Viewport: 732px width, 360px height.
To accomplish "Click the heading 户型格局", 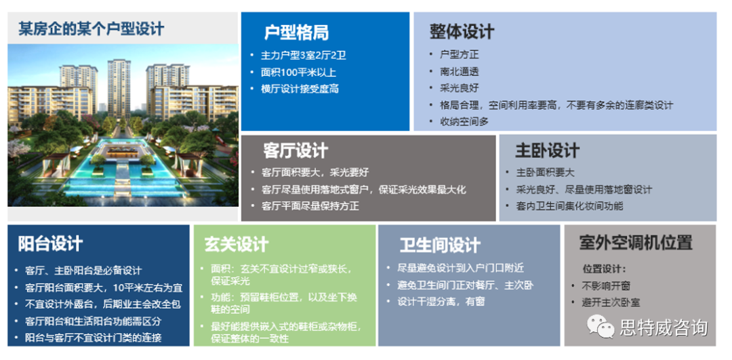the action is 296,33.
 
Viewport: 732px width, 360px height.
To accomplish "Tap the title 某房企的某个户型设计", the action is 91,29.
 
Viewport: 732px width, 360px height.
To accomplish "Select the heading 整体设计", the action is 462,32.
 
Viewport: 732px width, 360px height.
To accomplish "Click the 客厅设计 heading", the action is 296,151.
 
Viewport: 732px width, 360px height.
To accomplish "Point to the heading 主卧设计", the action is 547,151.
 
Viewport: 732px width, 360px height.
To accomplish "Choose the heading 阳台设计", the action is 50,244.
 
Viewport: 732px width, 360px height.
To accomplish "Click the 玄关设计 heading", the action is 237,244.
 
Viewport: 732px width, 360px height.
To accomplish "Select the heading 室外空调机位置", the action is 635,242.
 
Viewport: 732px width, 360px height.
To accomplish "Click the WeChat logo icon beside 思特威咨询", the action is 601,326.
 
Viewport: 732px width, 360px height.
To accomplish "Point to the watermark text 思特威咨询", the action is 664,327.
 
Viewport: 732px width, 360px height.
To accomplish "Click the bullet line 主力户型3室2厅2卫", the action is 304,56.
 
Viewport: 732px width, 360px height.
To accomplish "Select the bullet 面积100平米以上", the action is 298,73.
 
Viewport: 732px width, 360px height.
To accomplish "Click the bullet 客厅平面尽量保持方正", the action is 310,206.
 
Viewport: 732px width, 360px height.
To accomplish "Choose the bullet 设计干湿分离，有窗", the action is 441,301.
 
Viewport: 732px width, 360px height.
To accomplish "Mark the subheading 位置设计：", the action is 604,269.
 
